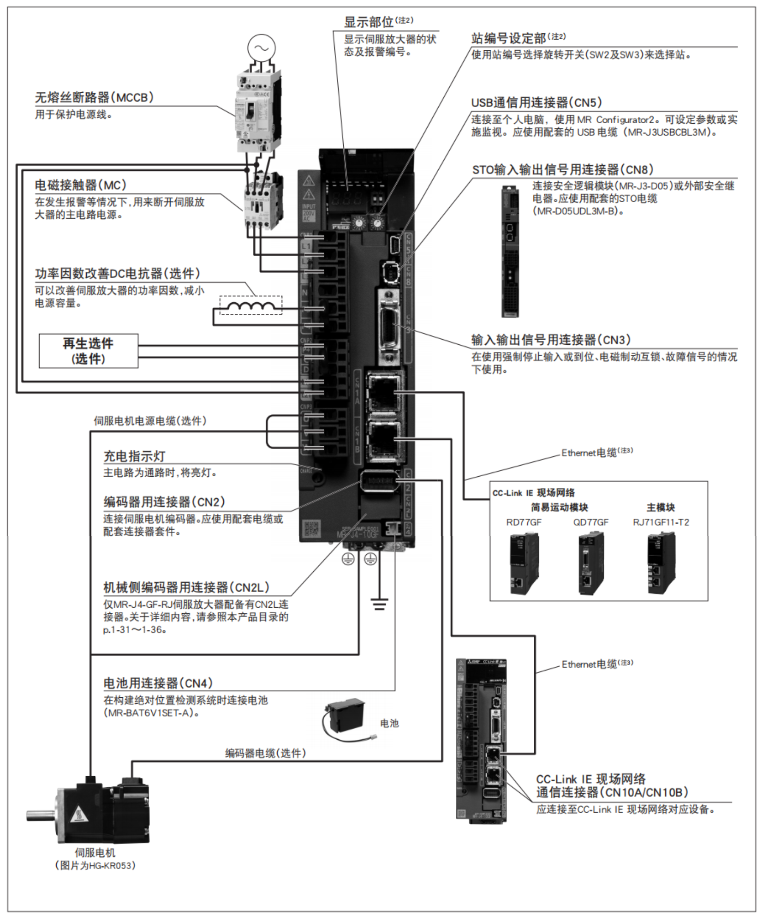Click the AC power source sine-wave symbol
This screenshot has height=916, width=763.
pos(262,48)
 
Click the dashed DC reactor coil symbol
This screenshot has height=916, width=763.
pos(250,305)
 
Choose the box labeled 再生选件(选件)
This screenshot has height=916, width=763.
pos(88,351)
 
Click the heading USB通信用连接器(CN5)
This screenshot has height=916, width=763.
pos(536,102)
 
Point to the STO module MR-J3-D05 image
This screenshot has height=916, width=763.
pos(510,251)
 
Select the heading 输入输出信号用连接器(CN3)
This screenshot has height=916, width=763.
pos(550,340)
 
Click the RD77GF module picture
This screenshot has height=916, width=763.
pos(524,563)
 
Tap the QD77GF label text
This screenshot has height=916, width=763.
pos(590,522)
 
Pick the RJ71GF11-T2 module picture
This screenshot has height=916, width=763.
pos(661,563)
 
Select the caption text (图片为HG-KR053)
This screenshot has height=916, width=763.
pos(95,866)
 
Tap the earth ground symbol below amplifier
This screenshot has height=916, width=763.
pos(379,604)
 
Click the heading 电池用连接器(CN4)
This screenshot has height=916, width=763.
pos(158,683)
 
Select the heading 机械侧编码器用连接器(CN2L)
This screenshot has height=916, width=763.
pos(186,587)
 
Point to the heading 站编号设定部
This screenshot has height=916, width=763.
pos(508,38)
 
